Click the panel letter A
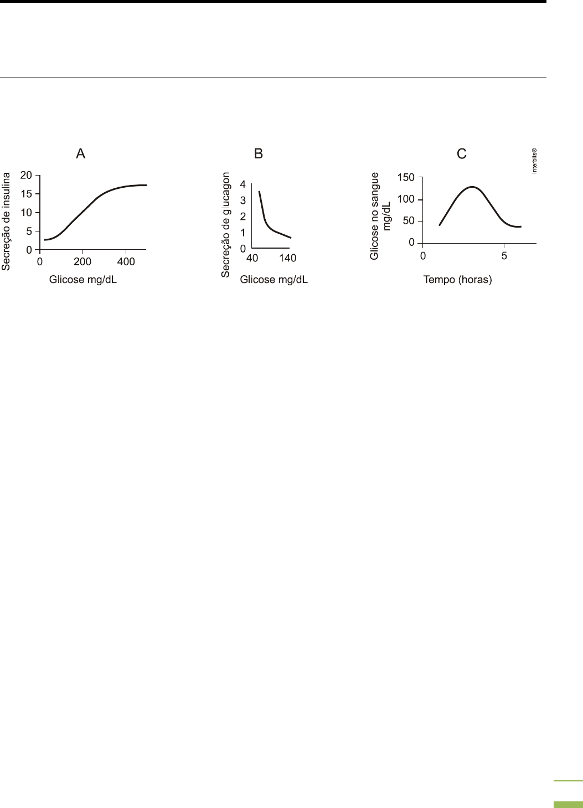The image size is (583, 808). [x=81, y=154]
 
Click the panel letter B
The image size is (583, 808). [x=259, y=154]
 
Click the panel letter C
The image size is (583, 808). [x=462, y=154]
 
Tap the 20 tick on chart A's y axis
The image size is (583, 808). [x=26, y=175]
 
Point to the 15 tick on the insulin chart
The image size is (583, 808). [x=26, y=194]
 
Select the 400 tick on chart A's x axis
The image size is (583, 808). [x=126, y=262]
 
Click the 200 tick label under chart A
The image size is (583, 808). [x=82, y=262]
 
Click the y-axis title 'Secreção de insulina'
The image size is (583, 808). [x=7, y=221]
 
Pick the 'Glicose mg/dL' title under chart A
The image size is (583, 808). [x=83, y=280]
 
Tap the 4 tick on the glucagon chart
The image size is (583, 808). [x=243, y=184]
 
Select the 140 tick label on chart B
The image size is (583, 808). [x=288, y=258]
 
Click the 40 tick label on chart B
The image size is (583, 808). [x=252, y=258]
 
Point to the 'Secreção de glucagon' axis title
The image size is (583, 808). [x=226, y=224]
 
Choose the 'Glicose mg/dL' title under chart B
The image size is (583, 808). [x=274, y=280]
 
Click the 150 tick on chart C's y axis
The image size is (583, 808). [x=406, y=178]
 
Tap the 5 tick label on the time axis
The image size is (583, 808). [x=504, y=256]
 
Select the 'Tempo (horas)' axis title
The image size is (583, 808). [x=457, y=280]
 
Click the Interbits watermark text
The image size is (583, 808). [x=535, y=161]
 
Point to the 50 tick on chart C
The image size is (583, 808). [x=409, y=222]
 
